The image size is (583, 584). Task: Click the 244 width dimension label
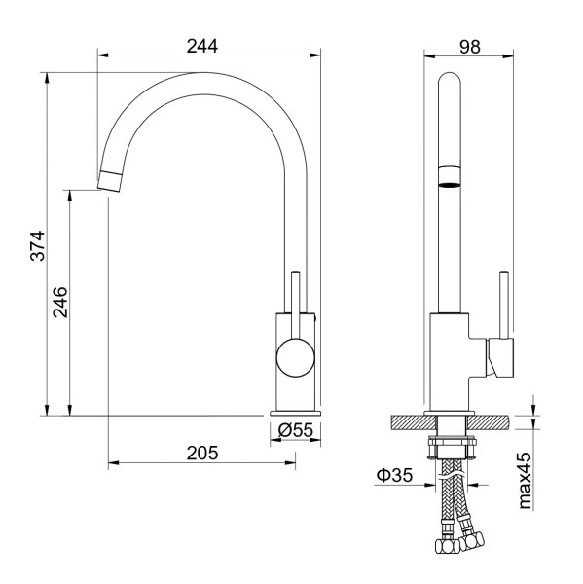pos(202,46)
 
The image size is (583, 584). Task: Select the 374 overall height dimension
pos(38,246)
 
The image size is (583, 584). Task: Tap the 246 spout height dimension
pos(60,302)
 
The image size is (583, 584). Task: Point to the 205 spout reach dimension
pos(202,453)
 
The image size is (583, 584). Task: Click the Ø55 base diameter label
pos(296,430)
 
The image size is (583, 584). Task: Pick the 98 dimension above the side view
pos(470,47)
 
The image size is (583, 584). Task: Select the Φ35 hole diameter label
pos(395,475)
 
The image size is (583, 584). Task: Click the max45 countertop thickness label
pos(525,481)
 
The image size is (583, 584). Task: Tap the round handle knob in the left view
pos(296,357)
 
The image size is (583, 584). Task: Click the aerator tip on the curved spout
pos(110,181)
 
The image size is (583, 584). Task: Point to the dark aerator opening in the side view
pos(450,184)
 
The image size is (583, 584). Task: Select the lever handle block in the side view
pos(500,357)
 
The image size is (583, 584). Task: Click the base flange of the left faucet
pos(296,413)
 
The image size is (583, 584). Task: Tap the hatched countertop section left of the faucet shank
pos(413,422)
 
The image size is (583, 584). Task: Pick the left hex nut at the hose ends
pos(447,546)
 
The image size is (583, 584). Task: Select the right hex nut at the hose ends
pos(472,541)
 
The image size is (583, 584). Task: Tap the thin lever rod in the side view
pos(504,305)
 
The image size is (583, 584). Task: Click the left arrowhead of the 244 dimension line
pos(102,55)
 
